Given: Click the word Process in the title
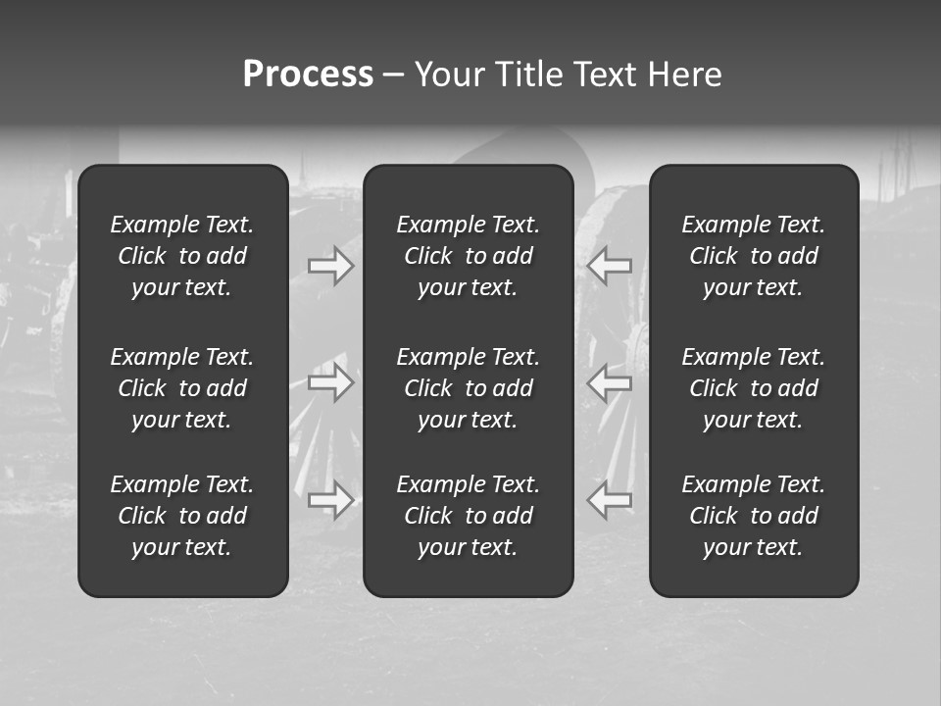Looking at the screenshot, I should coord(308,75).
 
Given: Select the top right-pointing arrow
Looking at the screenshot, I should coord(331,266).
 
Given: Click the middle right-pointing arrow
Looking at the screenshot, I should coord(331,381).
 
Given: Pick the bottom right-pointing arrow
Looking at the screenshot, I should coord(331,500).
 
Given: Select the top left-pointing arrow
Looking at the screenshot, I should coord(610,266).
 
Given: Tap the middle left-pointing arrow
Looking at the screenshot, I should coord(610,381).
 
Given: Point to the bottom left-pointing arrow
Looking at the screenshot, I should coord(610,500).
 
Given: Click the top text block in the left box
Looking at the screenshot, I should coord(182,256).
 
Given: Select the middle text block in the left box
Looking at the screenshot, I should coord(182,388).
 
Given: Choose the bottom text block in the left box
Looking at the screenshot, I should coord(182,516).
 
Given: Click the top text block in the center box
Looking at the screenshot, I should coord(468,256).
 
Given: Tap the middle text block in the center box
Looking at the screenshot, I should coord(468,388).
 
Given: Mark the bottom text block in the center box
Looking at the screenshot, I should coord(468,516).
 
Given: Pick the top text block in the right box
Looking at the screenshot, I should coord(753,256).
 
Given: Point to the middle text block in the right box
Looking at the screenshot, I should coord(753,388).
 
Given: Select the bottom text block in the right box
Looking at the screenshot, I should coord(753,516).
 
